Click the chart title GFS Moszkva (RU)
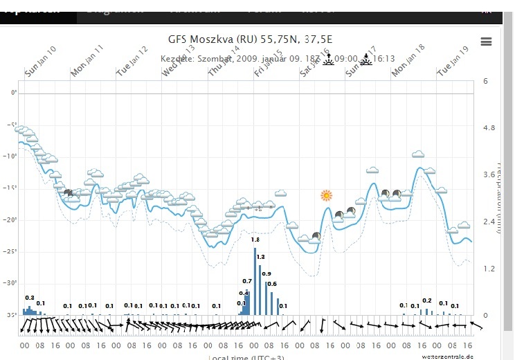coord(250,39)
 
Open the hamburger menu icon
coord(486,42)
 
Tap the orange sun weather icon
coord(327,196)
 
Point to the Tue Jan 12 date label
coord(132,60)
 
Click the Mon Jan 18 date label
coord(408,61)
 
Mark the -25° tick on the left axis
coord(11,252)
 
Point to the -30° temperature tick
coord(11,283)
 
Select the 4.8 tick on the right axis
coord(489,129)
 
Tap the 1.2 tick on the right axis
coord(489,268)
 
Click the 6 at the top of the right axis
coord(486,82)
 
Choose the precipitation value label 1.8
coord(255,240)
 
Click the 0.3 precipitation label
coord(29,297)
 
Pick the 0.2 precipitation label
coord(426,300)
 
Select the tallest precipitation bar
coord(255,280)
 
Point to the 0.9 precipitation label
coord(266,273)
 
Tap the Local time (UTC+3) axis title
coord(247,357)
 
